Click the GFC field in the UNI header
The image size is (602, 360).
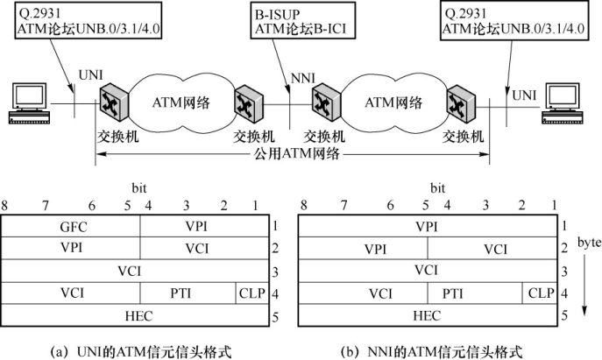click(74, 227)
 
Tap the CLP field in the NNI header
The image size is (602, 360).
click(540, 292)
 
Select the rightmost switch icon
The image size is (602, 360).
click(457, 106)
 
